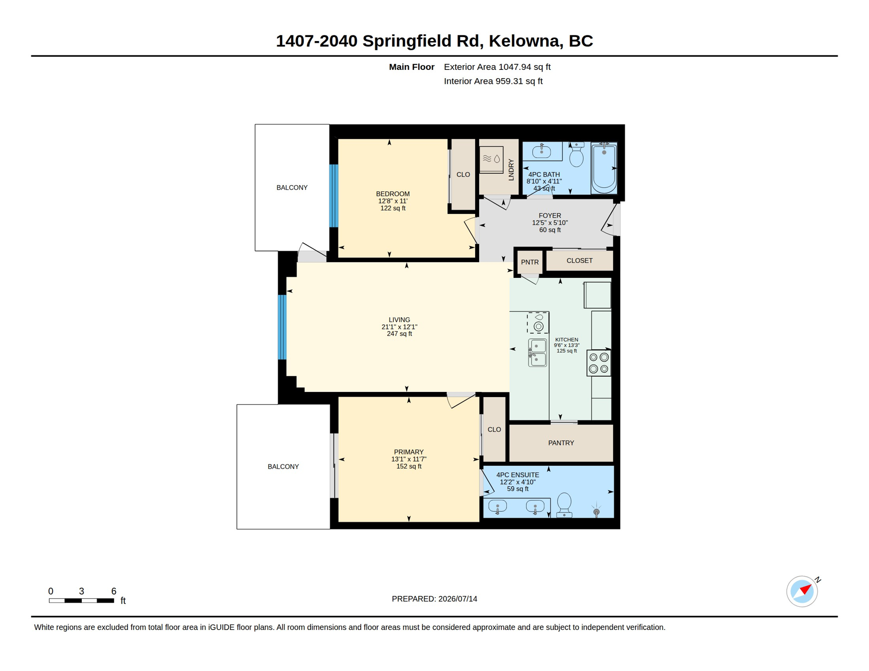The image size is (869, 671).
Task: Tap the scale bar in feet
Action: (81, 601)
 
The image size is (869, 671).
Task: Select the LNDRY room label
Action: (511, 170)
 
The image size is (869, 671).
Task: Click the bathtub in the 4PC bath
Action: (604, 168)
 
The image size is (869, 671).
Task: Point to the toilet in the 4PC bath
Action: (577, 155)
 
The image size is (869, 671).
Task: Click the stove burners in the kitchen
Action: (598, 363)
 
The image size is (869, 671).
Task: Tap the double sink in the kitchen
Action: (537, 353)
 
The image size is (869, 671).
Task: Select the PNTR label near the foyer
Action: (530, 262)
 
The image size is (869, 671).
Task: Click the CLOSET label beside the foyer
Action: (580, 261)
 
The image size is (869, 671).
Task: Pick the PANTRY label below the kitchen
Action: (561, 443)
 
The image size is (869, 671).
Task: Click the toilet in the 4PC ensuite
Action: (564, 505)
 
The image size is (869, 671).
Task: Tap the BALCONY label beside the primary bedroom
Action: (283, 467)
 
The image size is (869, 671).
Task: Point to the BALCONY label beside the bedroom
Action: (292, 187)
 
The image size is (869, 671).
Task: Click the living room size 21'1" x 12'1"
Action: (400, 327)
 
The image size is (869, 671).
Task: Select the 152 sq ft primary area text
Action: (409, 467)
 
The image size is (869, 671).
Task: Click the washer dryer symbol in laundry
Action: (491, 160)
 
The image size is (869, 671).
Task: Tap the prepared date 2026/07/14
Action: (458, 599)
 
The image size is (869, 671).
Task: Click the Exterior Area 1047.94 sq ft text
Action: (497, 67)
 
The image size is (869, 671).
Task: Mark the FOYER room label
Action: (550, 215)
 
